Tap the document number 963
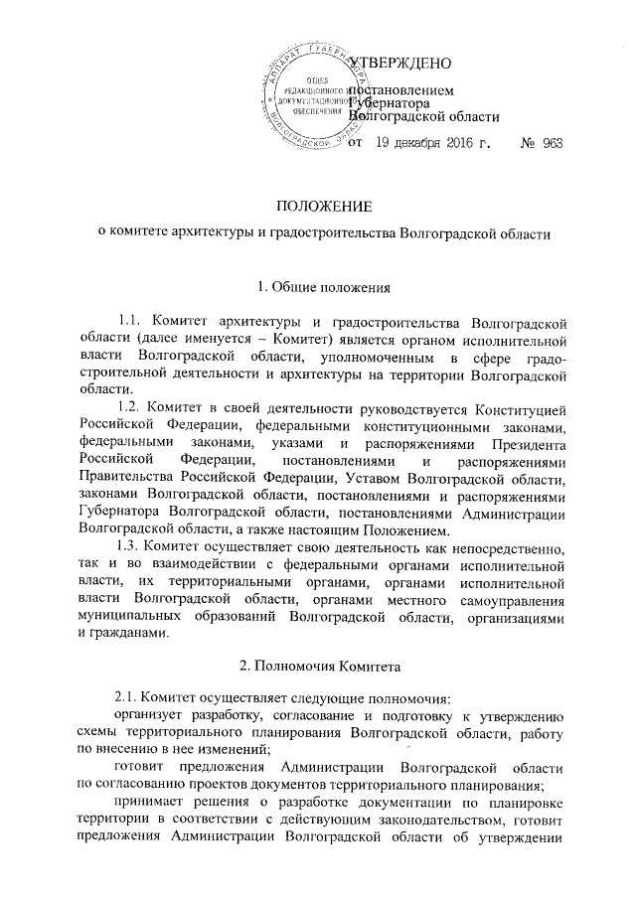point(554,144)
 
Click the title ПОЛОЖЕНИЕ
point(317,208)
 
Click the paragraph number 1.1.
point(132,321)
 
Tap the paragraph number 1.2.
point(132,408)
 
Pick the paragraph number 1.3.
point(132,548)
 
